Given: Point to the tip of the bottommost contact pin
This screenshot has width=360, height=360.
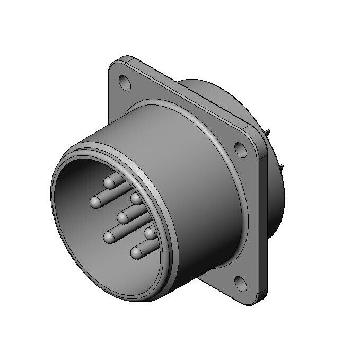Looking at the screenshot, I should [138, 252].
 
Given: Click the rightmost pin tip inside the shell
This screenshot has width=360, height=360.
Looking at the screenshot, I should [150, 233].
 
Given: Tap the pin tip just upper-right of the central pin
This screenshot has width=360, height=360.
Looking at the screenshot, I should [136, 199].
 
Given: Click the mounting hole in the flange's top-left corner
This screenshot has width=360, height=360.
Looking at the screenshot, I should [125, 83].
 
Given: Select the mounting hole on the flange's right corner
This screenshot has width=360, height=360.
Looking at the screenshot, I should [242, 151].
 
